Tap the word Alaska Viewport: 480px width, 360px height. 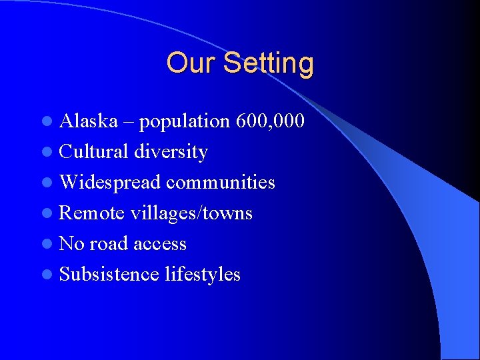[x=89, y=121]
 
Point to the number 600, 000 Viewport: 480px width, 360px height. [x=270, y=121]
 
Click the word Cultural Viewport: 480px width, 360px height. [x=94, y=151]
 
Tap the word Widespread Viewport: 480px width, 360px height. [x=110, y=183]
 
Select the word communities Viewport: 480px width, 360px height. [x=221, y=183]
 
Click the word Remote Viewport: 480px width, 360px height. [x=92, y=213]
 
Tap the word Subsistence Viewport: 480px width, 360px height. [x=109, y=275]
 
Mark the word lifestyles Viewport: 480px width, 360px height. [x=203, y=275]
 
